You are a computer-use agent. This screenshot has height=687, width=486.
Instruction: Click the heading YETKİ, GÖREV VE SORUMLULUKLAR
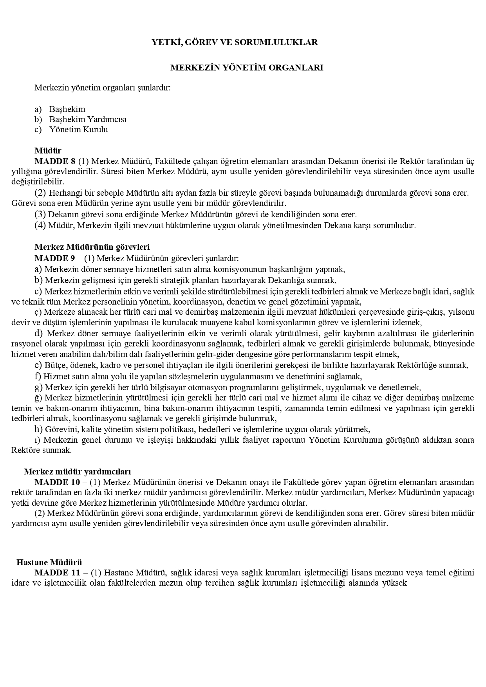click(x=235, y=42)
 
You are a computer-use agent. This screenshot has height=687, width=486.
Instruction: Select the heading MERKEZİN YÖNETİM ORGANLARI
click(x=247, y=68)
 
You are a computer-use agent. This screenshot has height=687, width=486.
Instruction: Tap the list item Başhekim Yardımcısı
click(x=88, y=119)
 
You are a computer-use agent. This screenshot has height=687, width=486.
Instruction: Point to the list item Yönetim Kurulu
click(x=78, y=130)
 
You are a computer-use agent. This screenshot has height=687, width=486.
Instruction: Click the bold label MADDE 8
click(x=55, y=161)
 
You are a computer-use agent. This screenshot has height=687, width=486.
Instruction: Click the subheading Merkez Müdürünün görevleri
click(x=92, y=247)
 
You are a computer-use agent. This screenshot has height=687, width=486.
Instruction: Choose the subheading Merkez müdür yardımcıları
click(x=78, y=471)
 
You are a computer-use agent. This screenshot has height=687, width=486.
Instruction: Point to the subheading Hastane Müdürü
click(x=49, y=563)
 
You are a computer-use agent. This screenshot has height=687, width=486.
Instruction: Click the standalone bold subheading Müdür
click(x=48, y=151)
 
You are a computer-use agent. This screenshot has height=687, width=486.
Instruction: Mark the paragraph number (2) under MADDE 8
click(x=40, y=193)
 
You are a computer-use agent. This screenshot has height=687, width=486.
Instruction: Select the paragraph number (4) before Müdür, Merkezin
click(x=40, y=225)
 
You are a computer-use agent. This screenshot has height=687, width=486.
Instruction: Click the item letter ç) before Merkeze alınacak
click(x=38, y=312)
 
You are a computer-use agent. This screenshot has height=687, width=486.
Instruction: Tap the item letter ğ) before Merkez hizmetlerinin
click(x=38, y=398)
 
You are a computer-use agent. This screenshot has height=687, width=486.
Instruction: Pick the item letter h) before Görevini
click(x=38, y=429)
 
